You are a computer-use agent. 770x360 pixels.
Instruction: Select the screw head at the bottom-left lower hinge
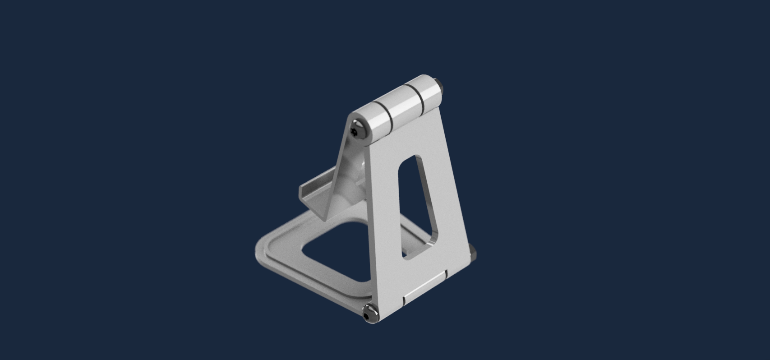coord(369,313)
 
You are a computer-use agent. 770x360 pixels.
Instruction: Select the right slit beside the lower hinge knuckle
coord(446,274)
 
